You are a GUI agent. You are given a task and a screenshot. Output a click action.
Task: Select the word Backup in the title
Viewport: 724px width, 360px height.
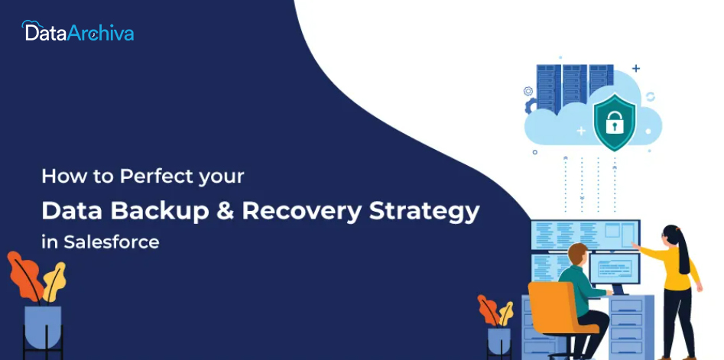(159, 211)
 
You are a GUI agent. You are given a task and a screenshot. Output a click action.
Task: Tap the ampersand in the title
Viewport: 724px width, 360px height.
(225, 211)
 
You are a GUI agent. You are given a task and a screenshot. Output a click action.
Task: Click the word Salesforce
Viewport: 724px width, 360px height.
(112, 242)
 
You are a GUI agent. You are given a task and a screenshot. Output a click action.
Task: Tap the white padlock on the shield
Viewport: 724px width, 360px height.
(614, 123)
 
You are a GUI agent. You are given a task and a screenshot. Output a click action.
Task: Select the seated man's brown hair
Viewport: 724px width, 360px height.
(578, 253)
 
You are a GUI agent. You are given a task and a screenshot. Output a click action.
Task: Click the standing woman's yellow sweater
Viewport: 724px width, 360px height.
(675, 265)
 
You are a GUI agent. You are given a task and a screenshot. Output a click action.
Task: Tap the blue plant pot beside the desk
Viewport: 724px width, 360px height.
(499, 341)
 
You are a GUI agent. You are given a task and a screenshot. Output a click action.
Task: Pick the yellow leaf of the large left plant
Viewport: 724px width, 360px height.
(54, 281)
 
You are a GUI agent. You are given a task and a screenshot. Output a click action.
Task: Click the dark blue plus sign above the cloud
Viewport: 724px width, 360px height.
(636, 69)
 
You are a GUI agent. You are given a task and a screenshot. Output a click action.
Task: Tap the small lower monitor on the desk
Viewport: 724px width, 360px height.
(615, 268)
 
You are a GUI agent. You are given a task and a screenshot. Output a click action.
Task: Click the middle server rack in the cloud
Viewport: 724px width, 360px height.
(574, 86)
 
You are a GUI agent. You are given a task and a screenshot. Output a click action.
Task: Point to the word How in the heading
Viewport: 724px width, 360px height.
(57, 177)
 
